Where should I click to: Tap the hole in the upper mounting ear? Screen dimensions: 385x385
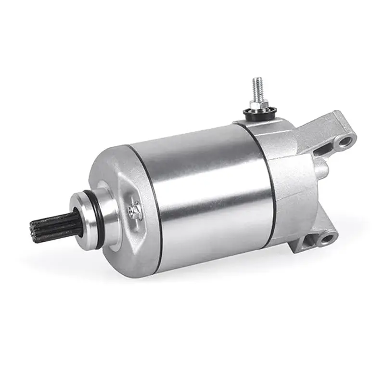click(x=344, y=141)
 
